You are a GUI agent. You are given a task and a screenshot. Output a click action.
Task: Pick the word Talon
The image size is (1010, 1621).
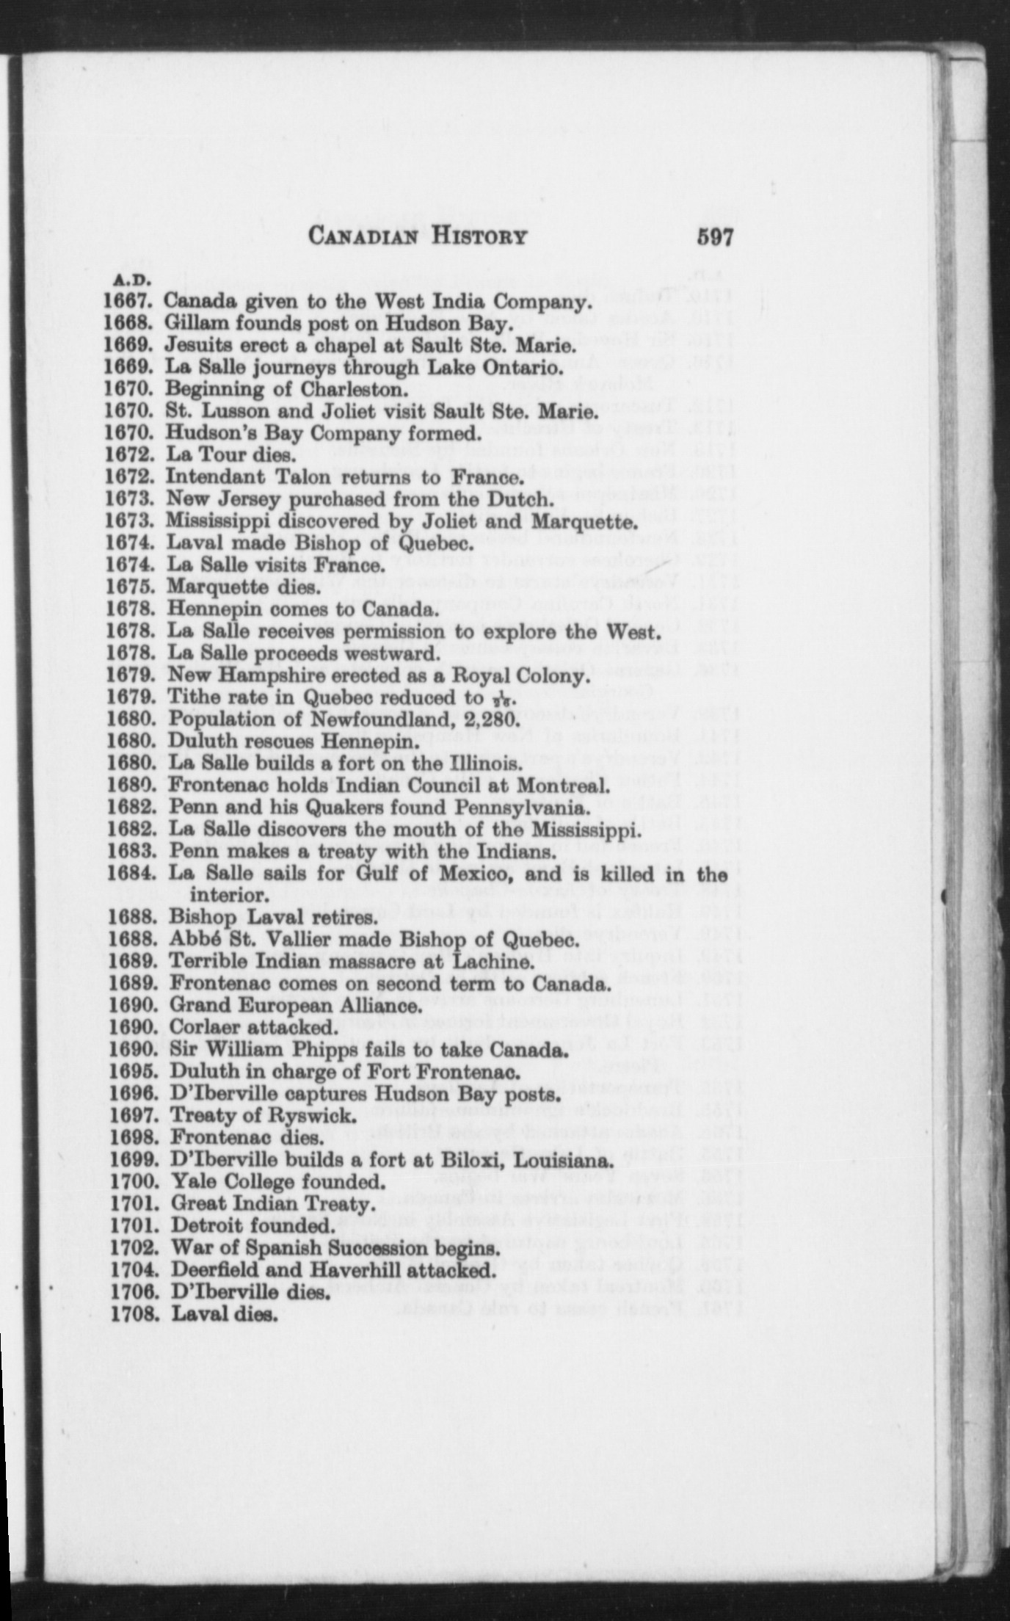pos(302,478)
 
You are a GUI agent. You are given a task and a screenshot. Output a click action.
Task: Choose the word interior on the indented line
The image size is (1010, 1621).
pos(227,896)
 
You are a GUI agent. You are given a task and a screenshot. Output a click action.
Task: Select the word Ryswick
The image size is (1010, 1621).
pos(320,1116)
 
